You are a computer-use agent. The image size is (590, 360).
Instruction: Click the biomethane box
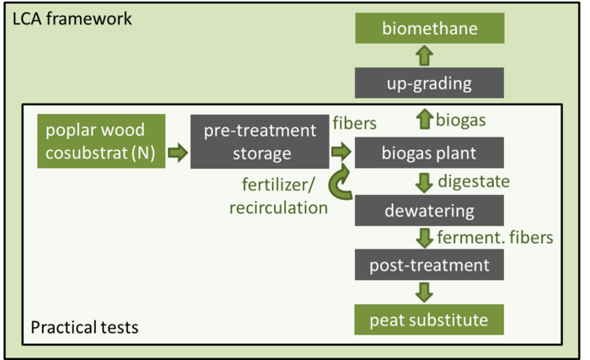click(430, 28)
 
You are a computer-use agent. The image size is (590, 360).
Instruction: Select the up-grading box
click(429, 83)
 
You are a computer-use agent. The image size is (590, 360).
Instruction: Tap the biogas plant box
click(429, 153)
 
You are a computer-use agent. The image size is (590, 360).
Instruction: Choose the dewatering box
click(429, 211)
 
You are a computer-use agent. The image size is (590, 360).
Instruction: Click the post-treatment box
click(429, 265)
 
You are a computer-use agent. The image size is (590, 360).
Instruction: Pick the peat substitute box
click(429, 320)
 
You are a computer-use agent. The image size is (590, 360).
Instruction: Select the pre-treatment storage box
click(260, 142)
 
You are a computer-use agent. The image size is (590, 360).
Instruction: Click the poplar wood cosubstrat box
click(101, 141)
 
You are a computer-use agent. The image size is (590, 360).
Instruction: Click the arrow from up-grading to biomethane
click(425, 56)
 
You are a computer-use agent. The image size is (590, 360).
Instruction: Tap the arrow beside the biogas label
click(425, 119)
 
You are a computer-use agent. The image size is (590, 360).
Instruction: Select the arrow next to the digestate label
click(425, 183)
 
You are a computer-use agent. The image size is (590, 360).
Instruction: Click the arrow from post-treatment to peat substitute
click(425, 293)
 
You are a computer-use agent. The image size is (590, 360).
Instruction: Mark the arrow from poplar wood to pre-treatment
click(178, 153)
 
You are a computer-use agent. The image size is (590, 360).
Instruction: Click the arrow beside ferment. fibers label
click(425, 238)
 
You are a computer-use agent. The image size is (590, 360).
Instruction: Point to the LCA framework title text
click(72, 19)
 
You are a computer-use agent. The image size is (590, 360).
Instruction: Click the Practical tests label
click(84, 327)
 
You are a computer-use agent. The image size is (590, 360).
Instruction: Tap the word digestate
click(474, 182)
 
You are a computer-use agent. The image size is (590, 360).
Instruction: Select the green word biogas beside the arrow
click(460, 121)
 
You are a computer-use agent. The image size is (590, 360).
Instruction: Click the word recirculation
click(278, 208)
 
